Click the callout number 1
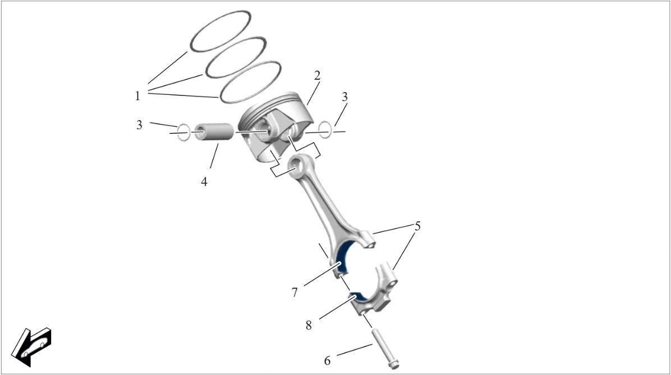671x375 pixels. point(137,96)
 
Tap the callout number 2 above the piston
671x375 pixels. point(317,76)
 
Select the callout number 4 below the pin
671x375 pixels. point(204,181)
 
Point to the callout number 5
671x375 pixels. point(417,226)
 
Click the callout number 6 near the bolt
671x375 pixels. point(328,361)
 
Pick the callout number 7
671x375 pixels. point(295,292)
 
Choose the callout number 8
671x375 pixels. point(309,326)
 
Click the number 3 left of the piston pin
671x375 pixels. point(139,125)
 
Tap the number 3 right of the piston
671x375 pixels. point(345,97)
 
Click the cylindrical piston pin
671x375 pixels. point(214,132)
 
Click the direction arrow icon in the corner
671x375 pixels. point(31,347)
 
